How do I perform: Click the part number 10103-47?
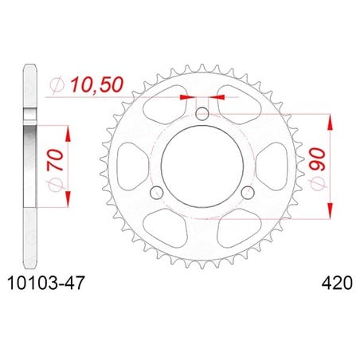[46, 283]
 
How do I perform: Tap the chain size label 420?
[337, 283]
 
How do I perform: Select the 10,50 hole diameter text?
[97, 84]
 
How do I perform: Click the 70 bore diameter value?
[55, 159]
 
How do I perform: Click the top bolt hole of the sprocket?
[202, 114]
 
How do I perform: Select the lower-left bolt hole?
[156, 193]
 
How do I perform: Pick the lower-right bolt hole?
[248, 193]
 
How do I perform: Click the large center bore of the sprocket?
[202, 166]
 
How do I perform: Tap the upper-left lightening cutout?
[166, 104]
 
